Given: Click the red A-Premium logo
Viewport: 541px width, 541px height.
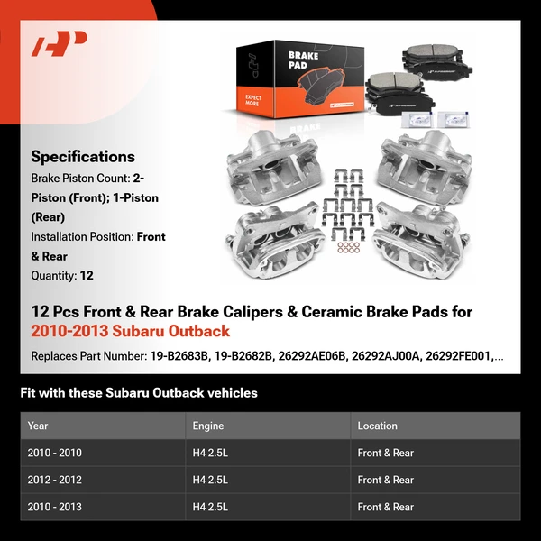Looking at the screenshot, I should (x=60, y=45).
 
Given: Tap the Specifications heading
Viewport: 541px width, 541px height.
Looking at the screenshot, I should (x=83, y=157).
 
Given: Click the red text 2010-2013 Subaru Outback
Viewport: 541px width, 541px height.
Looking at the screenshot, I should (x=131, y=331).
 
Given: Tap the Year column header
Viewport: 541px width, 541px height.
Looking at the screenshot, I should (x=38, y=426).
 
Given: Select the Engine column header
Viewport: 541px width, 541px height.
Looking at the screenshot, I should (x=207, y=426).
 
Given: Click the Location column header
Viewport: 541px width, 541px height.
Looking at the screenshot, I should (x=377, y=426).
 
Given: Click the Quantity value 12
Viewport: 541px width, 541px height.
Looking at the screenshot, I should (x=86, y=276).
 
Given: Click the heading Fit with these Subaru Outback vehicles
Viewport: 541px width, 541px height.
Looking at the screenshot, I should (x=139, y=393).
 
